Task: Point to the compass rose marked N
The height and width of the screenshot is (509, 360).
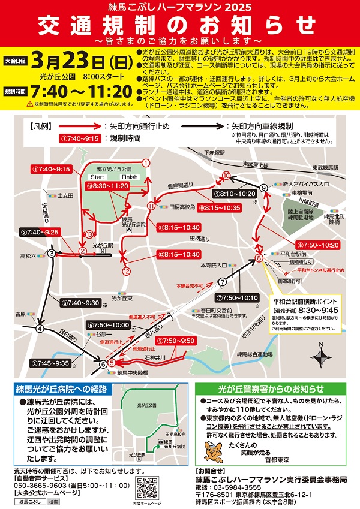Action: click(x=323, y=359)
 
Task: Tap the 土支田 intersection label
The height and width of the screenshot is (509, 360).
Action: click(x=65, y=195)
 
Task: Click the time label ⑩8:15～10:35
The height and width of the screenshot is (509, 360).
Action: click(x=220, y=208)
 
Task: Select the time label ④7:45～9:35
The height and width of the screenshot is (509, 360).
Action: click(x=50, y=363)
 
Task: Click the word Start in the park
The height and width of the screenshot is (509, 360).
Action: click(x=97, y=177)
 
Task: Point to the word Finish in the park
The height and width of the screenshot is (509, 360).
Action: click(x=130, y=177)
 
